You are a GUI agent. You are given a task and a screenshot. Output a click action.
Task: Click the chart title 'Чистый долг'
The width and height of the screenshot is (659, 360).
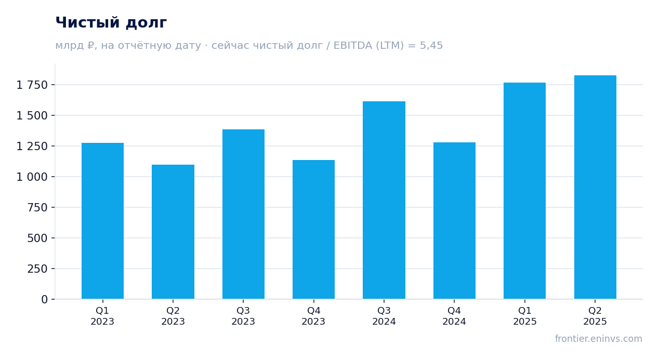coord(111,23)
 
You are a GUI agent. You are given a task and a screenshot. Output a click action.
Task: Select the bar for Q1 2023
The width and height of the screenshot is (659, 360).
coord(103,221)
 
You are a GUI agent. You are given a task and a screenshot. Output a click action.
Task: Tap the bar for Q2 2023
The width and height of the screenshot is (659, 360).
coord(173,232)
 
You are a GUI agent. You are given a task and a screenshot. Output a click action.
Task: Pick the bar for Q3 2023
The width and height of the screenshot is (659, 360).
coord(243,214)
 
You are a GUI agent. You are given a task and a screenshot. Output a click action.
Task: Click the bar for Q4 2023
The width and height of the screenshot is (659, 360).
coord(313,230)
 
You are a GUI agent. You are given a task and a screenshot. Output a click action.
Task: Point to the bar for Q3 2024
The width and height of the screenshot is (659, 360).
coord(384,201)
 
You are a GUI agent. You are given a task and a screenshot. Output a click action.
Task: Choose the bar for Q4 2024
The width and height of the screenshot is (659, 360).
coord(454,221)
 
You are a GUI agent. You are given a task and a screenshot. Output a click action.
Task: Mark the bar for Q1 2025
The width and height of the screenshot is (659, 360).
coord(524,191)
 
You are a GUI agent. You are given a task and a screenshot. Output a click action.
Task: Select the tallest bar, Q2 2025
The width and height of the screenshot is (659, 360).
coord(595,188)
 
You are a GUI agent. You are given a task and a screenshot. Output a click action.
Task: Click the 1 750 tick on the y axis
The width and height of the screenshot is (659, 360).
coord(32,85)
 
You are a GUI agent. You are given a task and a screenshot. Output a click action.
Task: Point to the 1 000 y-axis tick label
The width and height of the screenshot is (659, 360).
coord(32,177)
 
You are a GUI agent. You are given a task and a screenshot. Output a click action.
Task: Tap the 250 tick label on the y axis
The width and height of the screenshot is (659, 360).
coord(37,269)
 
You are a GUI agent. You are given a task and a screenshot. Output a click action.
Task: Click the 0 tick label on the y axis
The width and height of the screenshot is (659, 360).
coord(44,300)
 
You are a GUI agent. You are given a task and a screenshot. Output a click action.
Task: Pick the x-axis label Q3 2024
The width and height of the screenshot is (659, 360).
coord(384,316)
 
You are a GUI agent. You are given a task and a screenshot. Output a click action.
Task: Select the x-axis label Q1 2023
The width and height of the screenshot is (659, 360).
coord(102,316)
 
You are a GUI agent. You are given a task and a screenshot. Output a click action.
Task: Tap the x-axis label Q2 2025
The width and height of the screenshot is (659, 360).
coord(595,316)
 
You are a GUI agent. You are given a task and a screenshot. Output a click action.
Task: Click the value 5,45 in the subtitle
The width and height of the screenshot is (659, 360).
coord(431,46)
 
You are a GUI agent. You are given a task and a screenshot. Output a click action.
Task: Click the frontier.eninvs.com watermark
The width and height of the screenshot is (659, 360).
coord(598,339)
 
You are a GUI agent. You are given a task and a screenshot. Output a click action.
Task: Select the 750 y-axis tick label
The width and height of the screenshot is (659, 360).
coord(37,208)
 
